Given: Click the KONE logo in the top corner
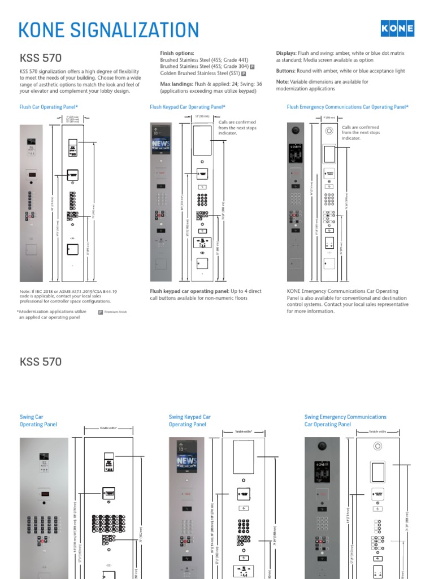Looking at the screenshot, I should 397,28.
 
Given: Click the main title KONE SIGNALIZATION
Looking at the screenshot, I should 109,30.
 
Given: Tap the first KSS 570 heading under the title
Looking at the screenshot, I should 41,58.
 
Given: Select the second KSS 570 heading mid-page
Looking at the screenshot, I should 41,361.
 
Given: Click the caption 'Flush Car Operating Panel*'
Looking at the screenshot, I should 49,106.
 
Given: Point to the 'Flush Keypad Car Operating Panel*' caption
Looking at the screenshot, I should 188,106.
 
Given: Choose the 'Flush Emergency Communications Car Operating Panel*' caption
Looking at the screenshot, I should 348,106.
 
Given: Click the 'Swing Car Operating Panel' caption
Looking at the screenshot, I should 38,421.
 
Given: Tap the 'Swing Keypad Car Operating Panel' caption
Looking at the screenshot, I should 190,421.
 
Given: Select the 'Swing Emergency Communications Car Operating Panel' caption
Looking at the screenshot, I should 345,421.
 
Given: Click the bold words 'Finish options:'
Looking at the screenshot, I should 177,53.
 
